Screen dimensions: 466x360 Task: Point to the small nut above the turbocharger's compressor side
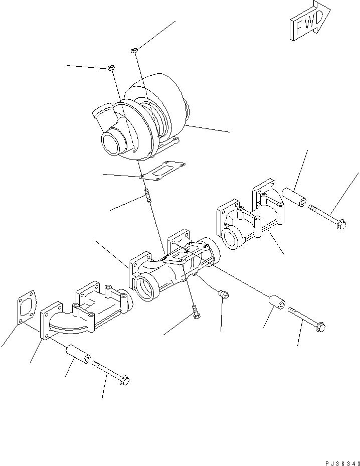pyautogui.click(x=112, y=67)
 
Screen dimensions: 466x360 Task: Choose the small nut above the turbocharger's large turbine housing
pyautogui.click(x=134, y=50)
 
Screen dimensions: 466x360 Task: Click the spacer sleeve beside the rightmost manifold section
pyautogui.click(x=293, y=197)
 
